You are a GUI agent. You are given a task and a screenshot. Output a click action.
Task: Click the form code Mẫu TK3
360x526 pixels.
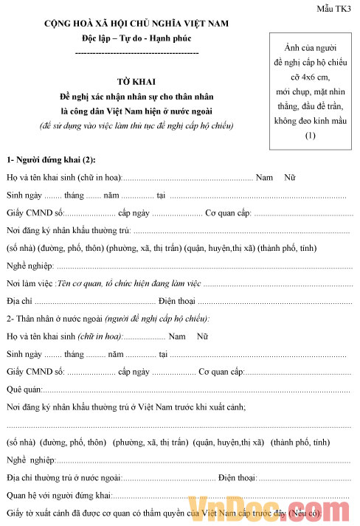(336, 7)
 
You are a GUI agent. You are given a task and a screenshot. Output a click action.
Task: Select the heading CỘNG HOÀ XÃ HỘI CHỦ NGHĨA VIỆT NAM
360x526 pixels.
(137, 24)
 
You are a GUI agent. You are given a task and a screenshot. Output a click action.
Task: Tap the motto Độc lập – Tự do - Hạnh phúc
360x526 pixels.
(137, 38)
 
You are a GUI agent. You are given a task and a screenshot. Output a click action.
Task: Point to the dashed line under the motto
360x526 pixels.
(137, 53)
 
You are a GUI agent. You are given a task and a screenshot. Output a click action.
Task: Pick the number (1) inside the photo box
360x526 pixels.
(310, 135)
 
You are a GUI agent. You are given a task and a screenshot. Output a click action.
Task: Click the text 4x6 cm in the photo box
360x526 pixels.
(310, 76)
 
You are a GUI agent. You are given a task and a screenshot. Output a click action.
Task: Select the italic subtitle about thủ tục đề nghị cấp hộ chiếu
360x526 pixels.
(136, 125)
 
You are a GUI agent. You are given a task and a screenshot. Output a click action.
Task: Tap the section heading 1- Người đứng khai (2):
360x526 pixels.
(51, 159)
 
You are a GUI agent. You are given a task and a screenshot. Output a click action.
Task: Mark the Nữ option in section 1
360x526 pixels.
(289, 178)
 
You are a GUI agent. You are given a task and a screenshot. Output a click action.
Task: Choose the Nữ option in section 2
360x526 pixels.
(202, 336)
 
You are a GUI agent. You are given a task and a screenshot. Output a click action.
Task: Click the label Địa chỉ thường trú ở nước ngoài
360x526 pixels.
(63, 477)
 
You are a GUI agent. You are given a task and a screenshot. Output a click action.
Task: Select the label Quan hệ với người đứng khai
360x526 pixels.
(59, 495)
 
